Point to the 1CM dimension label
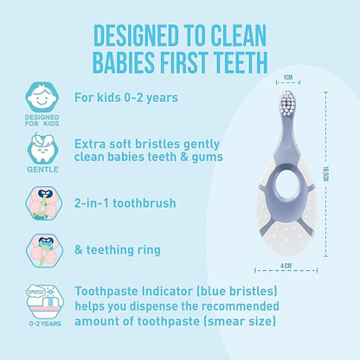pos(264,76)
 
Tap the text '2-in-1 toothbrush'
pos(138,202)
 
